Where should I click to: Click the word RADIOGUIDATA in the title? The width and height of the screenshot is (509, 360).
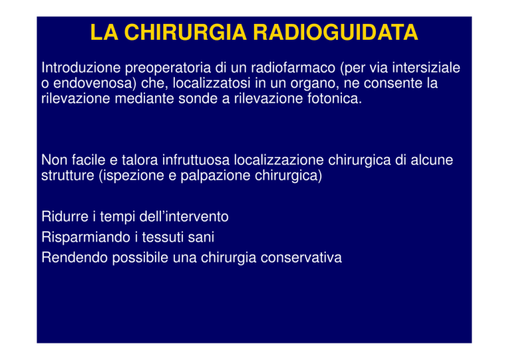tap(335, 32)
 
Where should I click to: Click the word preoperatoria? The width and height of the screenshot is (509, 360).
tap(168, 68)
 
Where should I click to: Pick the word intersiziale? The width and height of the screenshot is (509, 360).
tap(426, 68)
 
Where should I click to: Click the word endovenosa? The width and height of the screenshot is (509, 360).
tap(93, 83)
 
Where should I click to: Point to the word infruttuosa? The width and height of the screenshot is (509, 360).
tap(196, 160)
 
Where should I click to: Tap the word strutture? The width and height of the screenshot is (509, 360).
tap(68, 175)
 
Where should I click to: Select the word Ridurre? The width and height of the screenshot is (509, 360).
tap(65, 217)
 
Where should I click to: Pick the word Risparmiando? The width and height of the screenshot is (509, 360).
tap(85, 237)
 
